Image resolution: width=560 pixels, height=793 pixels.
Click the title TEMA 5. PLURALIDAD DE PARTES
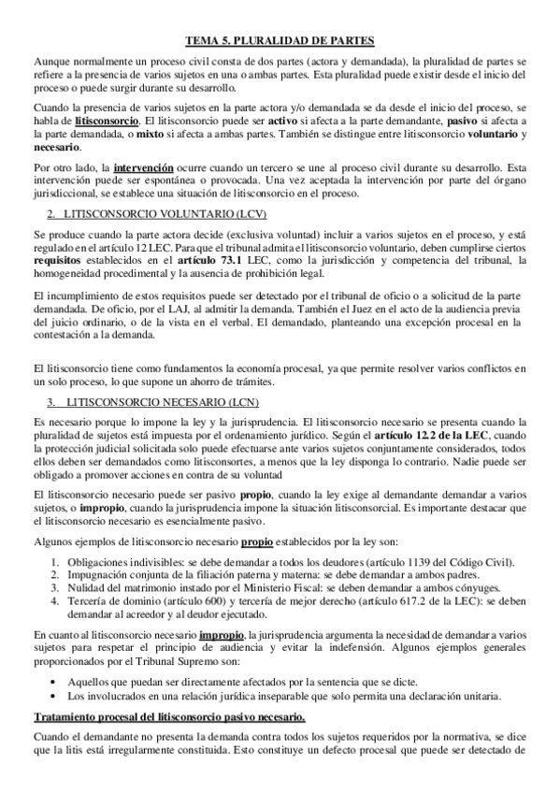280,40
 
